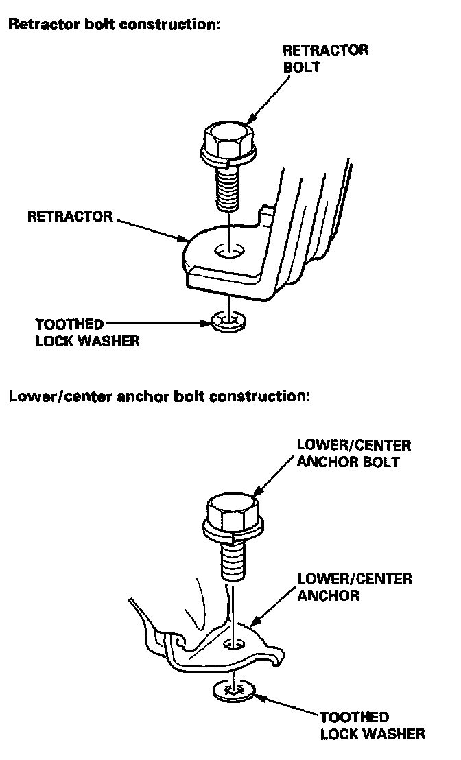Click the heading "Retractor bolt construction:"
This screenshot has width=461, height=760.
coord(114,25)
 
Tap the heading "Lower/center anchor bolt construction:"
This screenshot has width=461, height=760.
coord(159,397)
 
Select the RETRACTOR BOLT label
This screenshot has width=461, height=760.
coord(325,59)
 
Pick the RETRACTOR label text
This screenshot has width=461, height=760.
coord(69,217)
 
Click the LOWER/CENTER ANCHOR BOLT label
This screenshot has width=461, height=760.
coord(353,453)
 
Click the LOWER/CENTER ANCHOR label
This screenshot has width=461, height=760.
coord(354,587)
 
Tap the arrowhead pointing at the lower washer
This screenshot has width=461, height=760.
coord(258,696)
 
